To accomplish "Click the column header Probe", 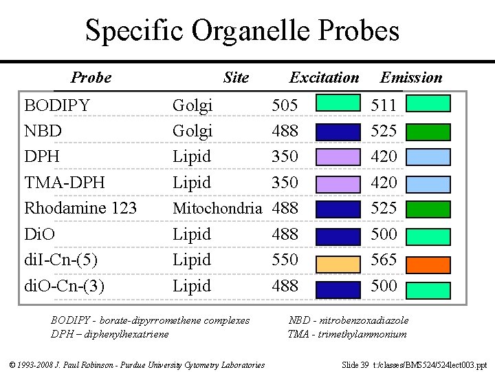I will (x=91, y=78).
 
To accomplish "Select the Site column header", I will (x=236, y=78).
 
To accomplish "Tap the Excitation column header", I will (x=324, y=78).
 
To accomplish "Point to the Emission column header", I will (x=411, y=78).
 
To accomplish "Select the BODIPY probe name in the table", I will (x=57, y=105).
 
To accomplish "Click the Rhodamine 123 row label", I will (x=80, y=208).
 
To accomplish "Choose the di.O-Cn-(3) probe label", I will (x=65, y=285).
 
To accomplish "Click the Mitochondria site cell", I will (x=217, y=208).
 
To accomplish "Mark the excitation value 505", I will (x=285, y=105).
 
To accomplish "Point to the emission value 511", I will (x=384, y=105).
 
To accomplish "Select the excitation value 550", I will (x=285, y=260).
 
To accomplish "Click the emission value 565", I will (x=384, y=260).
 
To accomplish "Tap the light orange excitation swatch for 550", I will (x=337, y=262).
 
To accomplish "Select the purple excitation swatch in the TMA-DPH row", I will (x=337, y=184).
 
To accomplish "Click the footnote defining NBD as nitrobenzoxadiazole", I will (x=349, y=320).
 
